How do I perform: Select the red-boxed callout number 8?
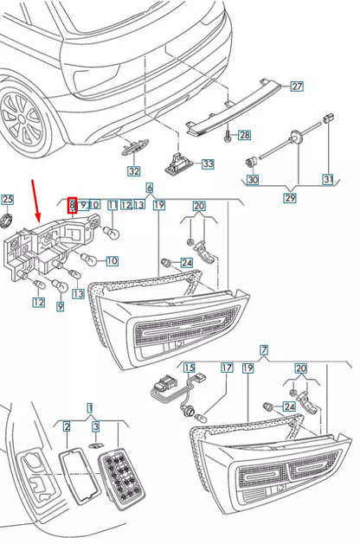tap(73, 204)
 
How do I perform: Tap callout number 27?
tap(297, 86)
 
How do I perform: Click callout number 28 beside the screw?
tap(244, 135)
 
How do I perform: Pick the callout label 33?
tap(207, 163)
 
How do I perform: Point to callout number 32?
tap(132, 171)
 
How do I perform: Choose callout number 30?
tap(252, 180)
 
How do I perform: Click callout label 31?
tap(328, 180)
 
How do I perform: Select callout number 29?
tap(290, 198)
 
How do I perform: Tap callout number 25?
tap(8, 200)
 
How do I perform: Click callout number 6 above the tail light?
tap(149, 188)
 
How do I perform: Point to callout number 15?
tap(188, 368)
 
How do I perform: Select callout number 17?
tap(227, 368)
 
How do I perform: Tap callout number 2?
tap(66, 426)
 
